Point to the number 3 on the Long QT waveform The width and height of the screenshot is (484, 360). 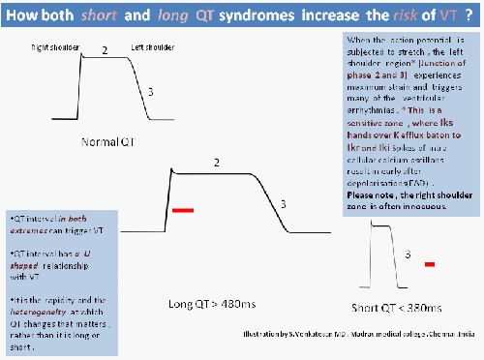282,204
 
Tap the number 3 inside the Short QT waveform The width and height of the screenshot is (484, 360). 407,254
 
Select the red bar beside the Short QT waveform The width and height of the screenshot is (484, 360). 430,263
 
